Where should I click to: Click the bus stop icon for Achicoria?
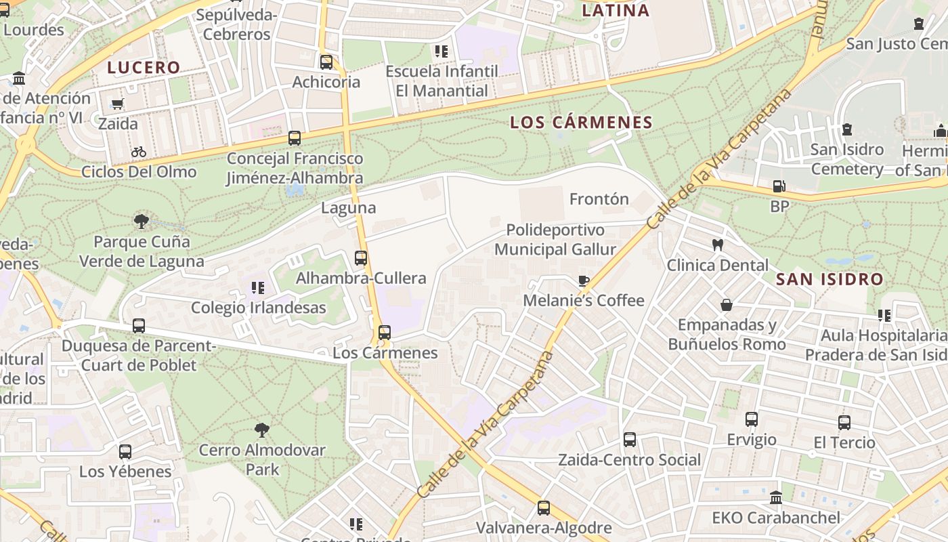pyautogui.click(x=326, y=62)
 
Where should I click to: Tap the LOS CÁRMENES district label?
pyautogui.click(x=581, y=123)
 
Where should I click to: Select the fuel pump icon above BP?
pyautogui.click(x=779, y=186)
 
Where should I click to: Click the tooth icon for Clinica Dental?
pyautogui.click(x=718, y=245)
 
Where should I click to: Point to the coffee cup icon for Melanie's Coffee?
pyautogui.click(x=583, y=280)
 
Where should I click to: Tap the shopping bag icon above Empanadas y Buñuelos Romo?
pyautogui.click(x=727, y=305)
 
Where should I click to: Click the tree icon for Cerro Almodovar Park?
pyautogui.click(x=261, y=430)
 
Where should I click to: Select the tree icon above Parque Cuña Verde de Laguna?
pyautogui.click(x=142, y=221)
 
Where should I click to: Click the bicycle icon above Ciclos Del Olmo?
pyautogui.click(x=139, y=152)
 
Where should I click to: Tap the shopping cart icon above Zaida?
pyautogui.click(x=118, y=104)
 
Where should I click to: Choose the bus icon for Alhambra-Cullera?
pyautogui.click(x=361, y=258)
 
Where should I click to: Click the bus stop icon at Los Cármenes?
pyautogui.click(x=385, y=333)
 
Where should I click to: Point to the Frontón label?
pyautogui.click(x=599, y=199)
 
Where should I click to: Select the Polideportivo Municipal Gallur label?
pyautogui.click(x=555, y=240)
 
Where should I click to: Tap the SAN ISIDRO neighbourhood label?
pyautogui.click(x=829, y=279)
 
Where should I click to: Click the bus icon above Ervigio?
pyautogui.click(x=752, y=419)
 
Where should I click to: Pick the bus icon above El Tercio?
pyautogui.click(x=844, y=423)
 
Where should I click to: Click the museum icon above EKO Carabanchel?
pyautogui.click(x=776, y=497)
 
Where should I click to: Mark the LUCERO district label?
pyautogui.click(x=144, y=68)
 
